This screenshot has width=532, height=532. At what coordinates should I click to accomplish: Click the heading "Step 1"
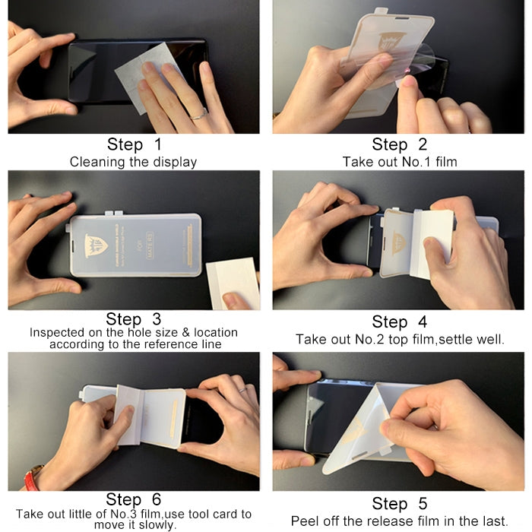(x=134, y=144)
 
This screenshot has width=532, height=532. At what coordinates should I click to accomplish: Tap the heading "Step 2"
(x=399, y=144)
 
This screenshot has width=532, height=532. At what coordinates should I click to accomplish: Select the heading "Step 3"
(x=134, y=319)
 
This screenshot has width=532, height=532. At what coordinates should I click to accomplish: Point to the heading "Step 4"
(x=399, y=321)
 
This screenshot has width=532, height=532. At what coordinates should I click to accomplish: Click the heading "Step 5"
(x=399, y=503)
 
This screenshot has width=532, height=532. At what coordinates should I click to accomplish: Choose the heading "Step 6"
(x=134, y=499)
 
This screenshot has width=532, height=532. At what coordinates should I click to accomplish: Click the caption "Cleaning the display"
(x=133, y=162)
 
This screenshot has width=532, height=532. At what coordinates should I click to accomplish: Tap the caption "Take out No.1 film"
(x=399, y=162)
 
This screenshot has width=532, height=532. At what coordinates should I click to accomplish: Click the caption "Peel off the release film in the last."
(x=399, y=521)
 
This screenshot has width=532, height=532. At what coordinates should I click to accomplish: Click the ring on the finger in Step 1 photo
(x=201, y=115)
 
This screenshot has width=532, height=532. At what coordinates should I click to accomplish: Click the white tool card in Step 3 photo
(x=232, y=282)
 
